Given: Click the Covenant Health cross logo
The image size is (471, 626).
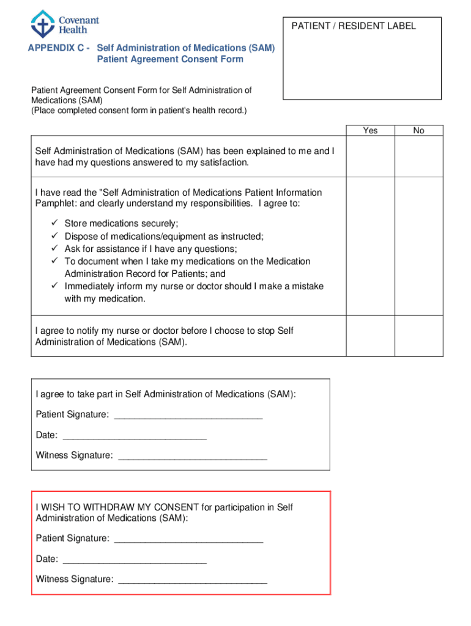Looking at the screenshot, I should pyautogui.click(x=42, y=24).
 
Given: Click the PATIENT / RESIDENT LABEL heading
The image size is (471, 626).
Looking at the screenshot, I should pyautogui.click(x=354, y=26).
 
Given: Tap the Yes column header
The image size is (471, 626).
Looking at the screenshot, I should pyautogui.click(x=370, y=130).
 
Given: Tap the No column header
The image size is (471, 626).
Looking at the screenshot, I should pyautogui.click(x=418, y=130).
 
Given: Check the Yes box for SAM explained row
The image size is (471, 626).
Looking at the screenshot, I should pyautogui.click(x=370, y=156).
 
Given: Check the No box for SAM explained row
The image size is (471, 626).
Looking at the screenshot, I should pyautogui.click(x=418, y=156).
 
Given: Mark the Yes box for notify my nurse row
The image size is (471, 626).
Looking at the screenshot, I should pyautogui.click(x=370, y=336).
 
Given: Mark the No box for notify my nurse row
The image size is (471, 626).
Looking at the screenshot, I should pyautogui.click(x=418, y=336).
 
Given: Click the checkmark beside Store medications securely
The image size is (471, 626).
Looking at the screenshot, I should pyautogui.click(x=54, y=223).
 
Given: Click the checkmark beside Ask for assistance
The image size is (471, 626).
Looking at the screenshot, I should pyautogui.click(x=54, y=248).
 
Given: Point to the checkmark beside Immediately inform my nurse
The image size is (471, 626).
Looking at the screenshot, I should pyautogui.click(x=54, y=285).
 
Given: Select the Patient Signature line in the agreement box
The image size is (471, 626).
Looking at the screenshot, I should pyautogui.click(x=188, y=416).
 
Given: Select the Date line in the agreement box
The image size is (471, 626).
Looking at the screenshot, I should pyautogui.click(x=135, y=436).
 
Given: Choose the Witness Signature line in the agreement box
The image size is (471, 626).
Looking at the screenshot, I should pyautogui.click(x=193, y=457).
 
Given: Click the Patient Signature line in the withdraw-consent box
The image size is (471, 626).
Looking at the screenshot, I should pyautogui.click(x=188, y=540).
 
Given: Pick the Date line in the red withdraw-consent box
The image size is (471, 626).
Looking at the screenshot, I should pyautogui.click(x=135, y=560).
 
